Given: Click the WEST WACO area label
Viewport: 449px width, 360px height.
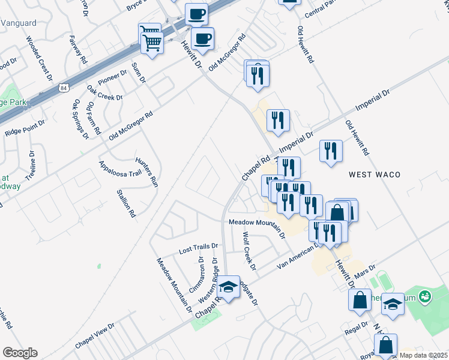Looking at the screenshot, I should pyautogui.click(x=375, y=174).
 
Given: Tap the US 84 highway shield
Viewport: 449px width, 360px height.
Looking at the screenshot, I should pyautogui.click(x=64, y=88).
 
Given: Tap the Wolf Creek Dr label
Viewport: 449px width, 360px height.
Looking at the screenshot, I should pyautogui.click(x=249, y=251).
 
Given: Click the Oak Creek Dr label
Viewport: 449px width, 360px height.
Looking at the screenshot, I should pyautogui.click(x=104, y=92).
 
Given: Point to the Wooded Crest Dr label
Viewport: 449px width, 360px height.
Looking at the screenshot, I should pyautogui.click(x=37, y=56).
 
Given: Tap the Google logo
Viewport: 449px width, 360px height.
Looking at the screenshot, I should pyautogui.click(x=20, y=353).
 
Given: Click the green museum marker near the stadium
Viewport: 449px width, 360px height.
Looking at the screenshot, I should pyautogui.click(x=425, y=296).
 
